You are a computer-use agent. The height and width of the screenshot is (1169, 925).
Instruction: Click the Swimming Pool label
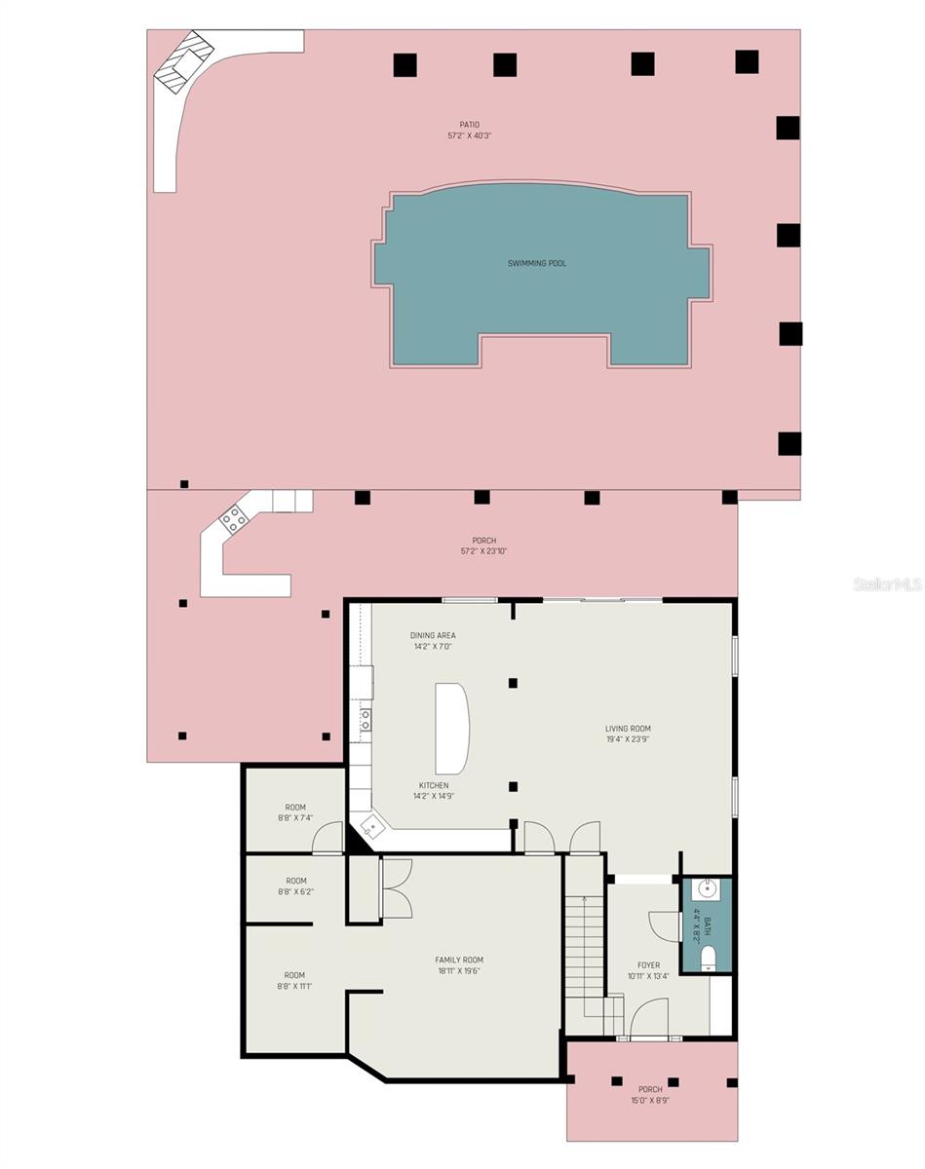pyautogui.click(x=536, y=263)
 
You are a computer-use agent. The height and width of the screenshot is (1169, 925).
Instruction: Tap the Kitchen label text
pyautogui.click(x=434, y=785)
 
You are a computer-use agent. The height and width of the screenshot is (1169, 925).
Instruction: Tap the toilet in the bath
pyautogui.click(x=708, y=956)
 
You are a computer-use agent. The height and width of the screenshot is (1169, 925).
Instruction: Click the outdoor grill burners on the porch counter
pyautogui.click(x=234, y=518)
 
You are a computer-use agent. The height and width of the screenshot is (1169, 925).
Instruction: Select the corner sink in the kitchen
pyautogui.click(x=371, y=827)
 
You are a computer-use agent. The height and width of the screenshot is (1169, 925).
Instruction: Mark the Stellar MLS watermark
pyautogui.click(x=887, y=584)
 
